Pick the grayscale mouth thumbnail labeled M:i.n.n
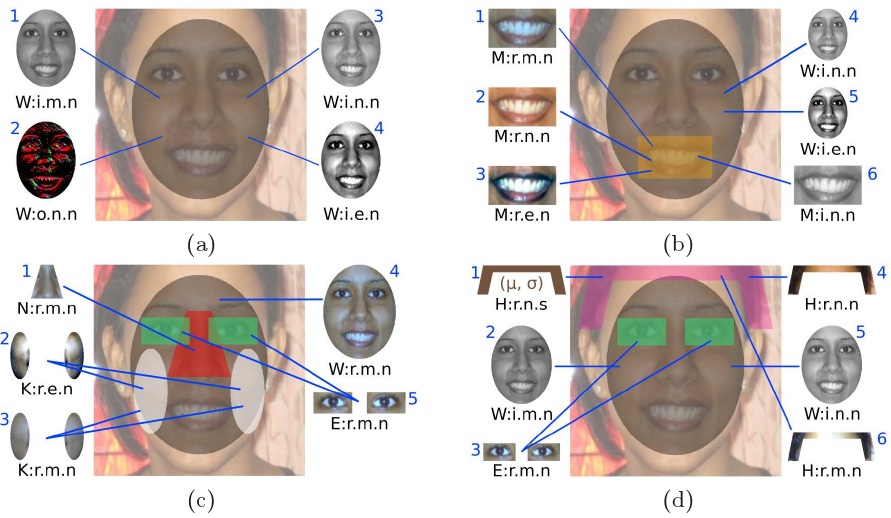(x=827, y=185)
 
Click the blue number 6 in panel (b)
(x=871, y=174)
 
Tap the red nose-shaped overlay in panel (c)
(x=196, y=340)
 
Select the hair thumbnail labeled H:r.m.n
(x=827, y=444)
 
